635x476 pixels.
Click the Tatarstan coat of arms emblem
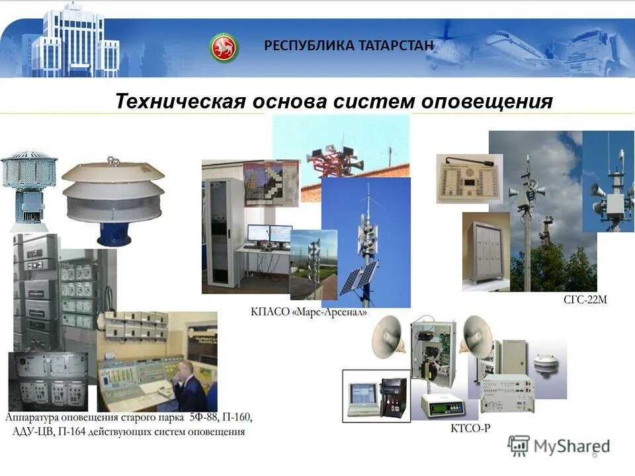point(224,47)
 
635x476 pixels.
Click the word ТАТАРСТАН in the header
point(397,46)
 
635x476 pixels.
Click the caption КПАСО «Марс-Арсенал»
point(308,311)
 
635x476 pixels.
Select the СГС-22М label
point(585,299)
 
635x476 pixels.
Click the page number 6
point(594,454)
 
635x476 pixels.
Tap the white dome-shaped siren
point(113,192)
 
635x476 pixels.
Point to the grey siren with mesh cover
point(29,188)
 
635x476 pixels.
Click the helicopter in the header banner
point(456,46)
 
